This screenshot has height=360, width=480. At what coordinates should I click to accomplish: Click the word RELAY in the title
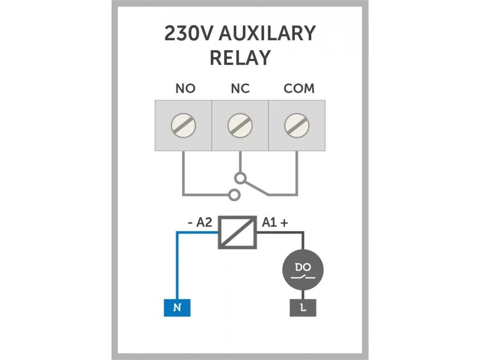[240, 58]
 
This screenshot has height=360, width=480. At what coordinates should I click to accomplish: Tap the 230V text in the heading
[188, 34]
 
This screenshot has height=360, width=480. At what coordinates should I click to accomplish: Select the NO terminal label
[185, 89]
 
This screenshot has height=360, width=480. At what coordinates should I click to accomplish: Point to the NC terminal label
[240, 89]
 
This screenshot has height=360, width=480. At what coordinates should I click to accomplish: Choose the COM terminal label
[299, 89]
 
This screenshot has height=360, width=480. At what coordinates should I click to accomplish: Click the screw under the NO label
[183, 125]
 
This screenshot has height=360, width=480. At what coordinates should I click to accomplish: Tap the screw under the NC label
[240, 125]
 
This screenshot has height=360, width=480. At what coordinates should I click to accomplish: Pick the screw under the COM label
[297, 125]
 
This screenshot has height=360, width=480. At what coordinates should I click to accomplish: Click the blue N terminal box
[177, 307]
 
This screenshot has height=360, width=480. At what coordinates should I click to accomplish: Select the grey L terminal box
[302, 307]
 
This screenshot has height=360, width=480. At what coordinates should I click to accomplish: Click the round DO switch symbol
[302, 270]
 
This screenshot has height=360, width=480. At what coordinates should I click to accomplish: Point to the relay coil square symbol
[238, 232]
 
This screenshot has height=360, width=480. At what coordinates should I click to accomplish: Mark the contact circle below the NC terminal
[240, 178]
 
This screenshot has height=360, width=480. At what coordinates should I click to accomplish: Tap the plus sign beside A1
[284, 223]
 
